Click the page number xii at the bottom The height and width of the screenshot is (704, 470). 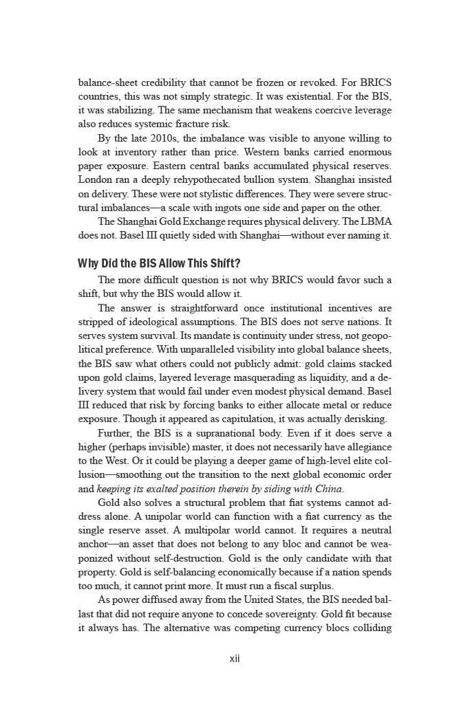(235, 658)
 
